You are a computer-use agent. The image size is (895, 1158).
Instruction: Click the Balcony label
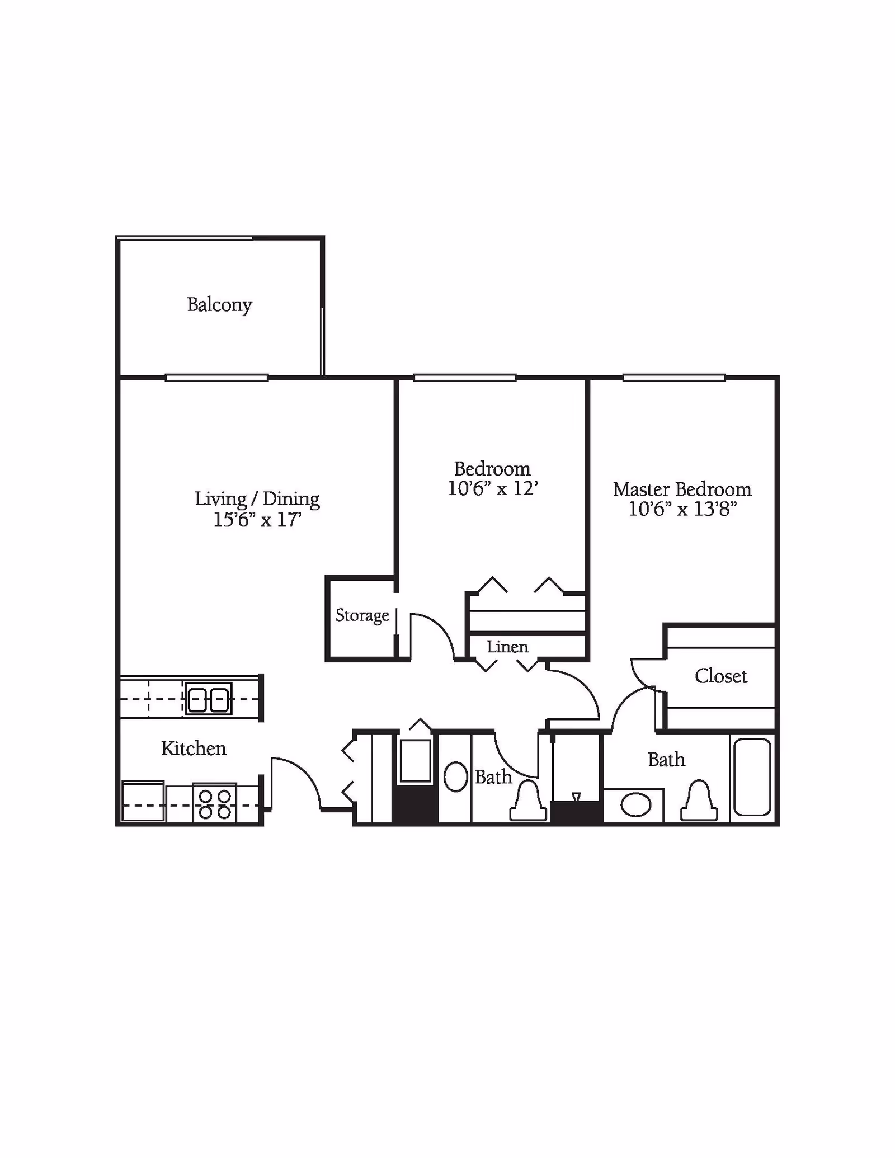click(x=219, y=305)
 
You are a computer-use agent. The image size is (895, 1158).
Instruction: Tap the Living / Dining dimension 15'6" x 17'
click(x=257, y=520)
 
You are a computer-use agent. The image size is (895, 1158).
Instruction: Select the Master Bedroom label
click(x=682, y=489)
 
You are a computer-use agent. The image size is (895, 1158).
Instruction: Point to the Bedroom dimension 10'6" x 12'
click(x=492, y=488)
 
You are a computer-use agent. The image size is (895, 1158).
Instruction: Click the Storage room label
click(x=362, y=615)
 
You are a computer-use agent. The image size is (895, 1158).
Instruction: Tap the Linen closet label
click(x=507, y=647)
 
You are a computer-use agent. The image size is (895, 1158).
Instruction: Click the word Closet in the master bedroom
click(x=720, y=676)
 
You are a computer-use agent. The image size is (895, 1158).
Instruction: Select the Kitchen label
click(x=194, y=748)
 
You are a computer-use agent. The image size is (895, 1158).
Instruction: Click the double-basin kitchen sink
click(x=209, y=699)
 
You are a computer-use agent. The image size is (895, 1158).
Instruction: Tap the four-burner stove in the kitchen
click(x=215, y=803)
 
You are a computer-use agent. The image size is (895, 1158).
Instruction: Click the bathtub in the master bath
click(x=752, y=776)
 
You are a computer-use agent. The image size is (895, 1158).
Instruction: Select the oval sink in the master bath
click(x=636, y=806)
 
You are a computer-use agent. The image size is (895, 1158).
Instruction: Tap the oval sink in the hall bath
click(x=455, y=776)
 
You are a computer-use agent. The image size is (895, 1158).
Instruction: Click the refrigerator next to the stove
click(x=143, y=802)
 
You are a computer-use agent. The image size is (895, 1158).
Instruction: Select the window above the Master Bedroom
click(x=674, y=378)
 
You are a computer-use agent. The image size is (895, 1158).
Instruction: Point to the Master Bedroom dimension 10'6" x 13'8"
click(x=682, y=510)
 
